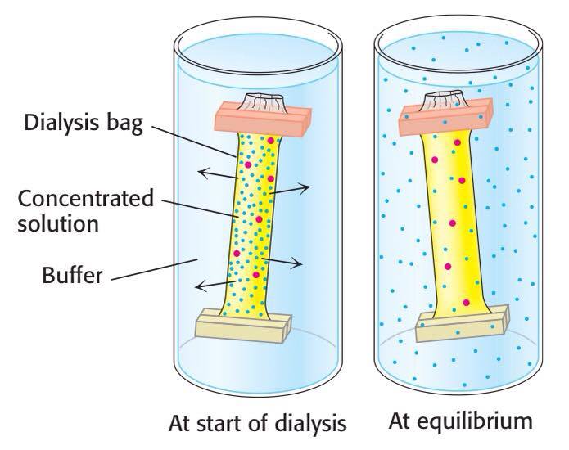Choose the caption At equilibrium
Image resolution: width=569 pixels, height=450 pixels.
[x=461, y=424]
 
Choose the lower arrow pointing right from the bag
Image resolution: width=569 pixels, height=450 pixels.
[x=286, y=262]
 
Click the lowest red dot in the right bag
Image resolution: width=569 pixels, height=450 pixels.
[x=466, y=304]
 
